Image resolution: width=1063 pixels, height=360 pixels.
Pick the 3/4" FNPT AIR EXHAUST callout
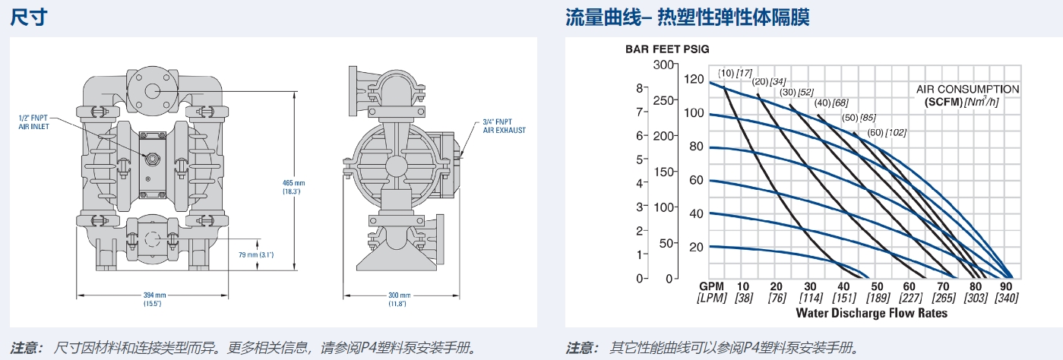504,125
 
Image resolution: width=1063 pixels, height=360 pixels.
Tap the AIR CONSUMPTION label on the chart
967,90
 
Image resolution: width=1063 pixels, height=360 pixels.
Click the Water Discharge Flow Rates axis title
872,312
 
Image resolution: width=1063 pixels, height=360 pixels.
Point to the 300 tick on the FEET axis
665,65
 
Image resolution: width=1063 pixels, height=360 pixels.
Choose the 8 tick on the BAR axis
639,87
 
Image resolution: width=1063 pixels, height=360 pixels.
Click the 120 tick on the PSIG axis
694,79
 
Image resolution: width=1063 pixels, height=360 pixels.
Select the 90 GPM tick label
1007,286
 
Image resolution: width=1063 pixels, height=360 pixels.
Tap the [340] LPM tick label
1007,298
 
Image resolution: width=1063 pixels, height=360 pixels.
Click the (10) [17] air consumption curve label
735,73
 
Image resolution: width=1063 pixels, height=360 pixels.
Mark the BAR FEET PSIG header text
667,49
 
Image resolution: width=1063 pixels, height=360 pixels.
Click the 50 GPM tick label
875,286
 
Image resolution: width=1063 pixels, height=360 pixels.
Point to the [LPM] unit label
712,298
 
